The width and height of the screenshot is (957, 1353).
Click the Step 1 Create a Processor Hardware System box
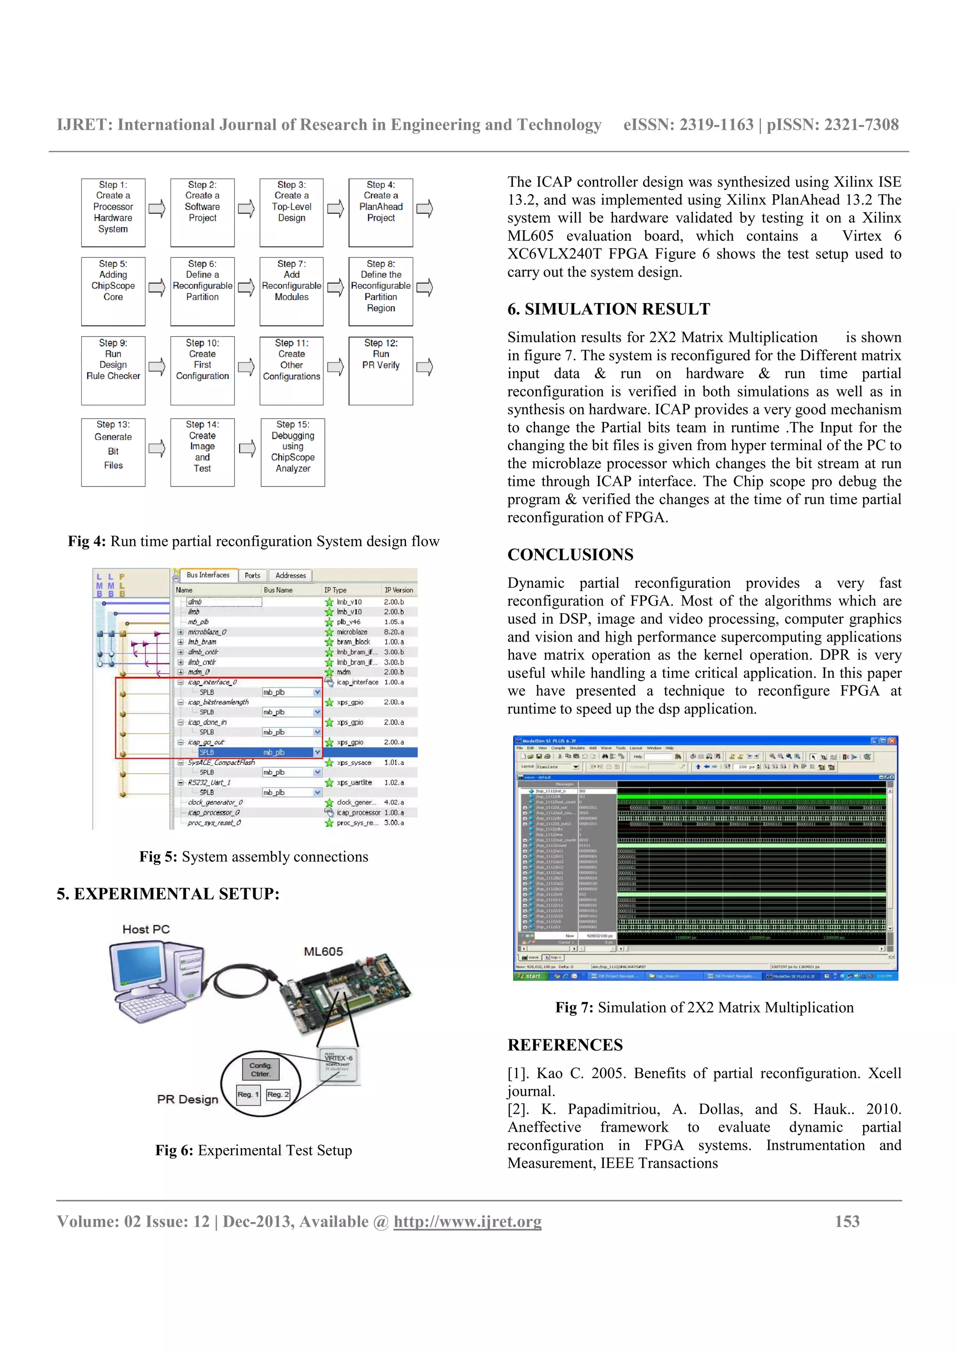point(113,212)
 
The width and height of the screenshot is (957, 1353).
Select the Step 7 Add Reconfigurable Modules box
point(291,291)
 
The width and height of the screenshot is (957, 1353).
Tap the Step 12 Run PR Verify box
point(380,370)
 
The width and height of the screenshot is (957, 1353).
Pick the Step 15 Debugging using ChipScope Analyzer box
point(293,452)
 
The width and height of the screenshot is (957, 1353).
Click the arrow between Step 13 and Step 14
point(157,449)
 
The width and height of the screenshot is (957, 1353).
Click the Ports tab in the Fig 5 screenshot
point(252,575)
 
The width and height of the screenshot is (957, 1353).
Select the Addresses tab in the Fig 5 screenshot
point(291,575)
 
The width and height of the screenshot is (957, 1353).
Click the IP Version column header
point(399,590)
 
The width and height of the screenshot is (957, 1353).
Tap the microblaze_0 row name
point(207,632)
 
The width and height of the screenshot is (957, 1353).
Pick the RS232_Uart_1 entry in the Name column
point(209,782)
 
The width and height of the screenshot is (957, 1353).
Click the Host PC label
point(146,929)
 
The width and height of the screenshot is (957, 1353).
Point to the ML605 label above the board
point(323,951)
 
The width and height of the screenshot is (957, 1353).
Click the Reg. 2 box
point(278,1094)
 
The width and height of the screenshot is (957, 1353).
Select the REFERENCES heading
point(565,1045)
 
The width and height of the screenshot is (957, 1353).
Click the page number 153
point(847,1222)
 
